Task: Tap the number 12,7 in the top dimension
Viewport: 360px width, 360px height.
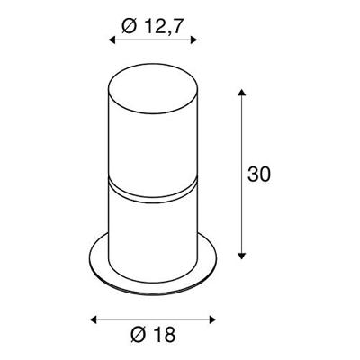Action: (x=161, y=27)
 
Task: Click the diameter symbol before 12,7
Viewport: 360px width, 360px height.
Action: (x=128, y=27)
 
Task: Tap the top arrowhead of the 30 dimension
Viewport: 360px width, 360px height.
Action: (x=242, y=93)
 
